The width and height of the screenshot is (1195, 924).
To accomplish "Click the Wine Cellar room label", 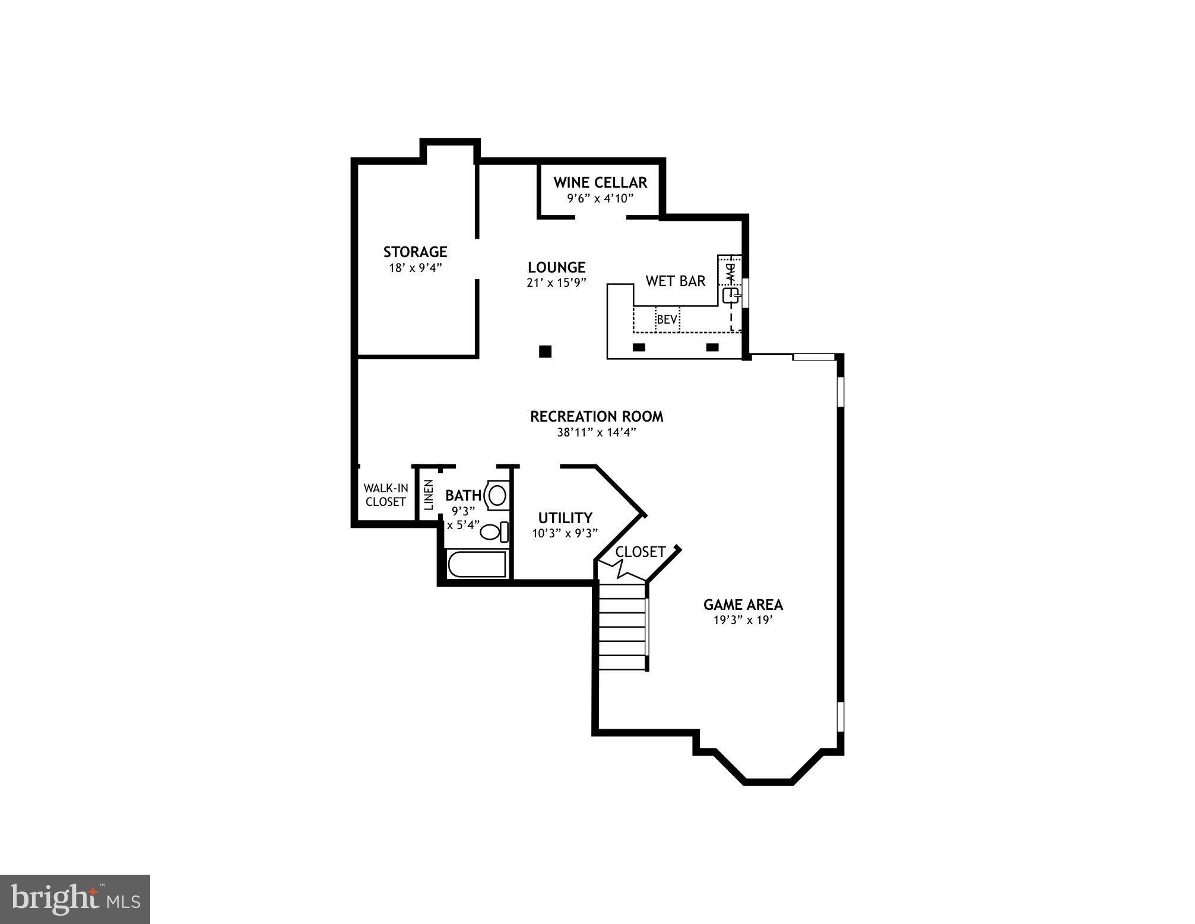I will [600, 182].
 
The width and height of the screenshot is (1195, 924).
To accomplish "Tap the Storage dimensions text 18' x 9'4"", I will [416, 268].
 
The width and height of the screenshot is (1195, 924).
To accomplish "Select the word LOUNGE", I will [556, 267].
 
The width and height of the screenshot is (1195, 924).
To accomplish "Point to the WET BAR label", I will [676, 281].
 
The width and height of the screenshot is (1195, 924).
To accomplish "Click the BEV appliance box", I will [667, 319].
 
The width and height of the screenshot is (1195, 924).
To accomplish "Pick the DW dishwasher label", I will [730, 273].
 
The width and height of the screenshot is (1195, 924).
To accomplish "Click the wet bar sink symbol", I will [730, 296].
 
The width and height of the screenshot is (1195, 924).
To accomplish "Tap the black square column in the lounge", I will [545, 352].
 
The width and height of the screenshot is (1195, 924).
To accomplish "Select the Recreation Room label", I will [597, 416].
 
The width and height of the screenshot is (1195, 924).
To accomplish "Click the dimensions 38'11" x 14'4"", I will [597, 432].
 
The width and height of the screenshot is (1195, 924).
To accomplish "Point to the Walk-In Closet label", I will [386, 495].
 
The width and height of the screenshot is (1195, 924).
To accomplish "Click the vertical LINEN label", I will [429, 495].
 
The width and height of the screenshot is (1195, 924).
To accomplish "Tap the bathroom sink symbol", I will [497, 495].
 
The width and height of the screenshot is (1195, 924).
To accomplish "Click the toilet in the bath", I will [493, 531].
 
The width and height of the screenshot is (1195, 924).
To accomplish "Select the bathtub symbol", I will [477, 564].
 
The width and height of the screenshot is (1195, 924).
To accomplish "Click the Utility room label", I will [565, 518].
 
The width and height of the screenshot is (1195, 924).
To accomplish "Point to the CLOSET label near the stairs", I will [640, 552].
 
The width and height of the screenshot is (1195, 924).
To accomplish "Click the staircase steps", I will [622, 627].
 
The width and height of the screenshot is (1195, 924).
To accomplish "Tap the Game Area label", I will [743, 605].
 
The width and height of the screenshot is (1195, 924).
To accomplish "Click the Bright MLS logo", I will [75, 899].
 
